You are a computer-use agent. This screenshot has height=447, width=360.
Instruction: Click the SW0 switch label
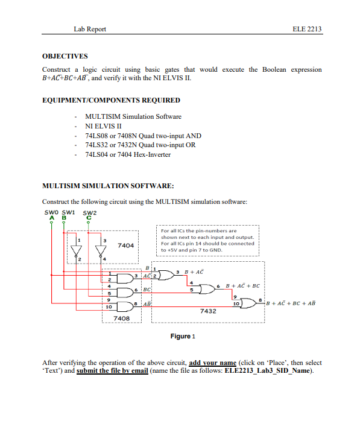(x=51, y=212)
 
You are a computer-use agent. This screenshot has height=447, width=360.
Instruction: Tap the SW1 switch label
(x=68, y=212)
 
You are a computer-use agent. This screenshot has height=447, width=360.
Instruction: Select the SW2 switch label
(x=90, y=212)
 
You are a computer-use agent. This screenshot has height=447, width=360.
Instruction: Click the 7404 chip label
(x=125, y=246)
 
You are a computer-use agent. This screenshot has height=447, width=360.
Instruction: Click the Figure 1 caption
(x=183, y=336)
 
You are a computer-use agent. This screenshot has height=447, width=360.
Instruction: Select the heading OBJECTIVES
(x=65, y=55)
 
